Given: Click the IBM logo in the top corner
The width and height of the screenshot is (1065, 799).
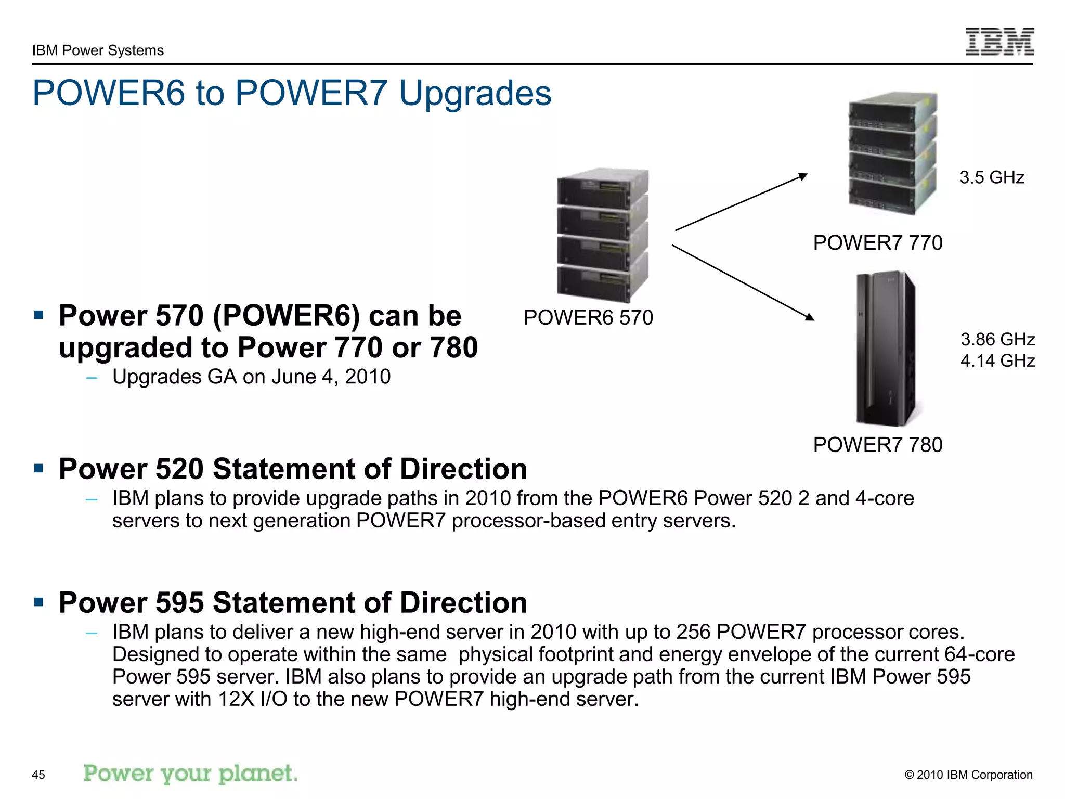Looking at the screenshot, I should [x=999, y=41].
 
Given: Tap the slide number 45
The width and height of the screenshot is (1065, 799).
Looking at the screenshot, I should [x=38, y=775].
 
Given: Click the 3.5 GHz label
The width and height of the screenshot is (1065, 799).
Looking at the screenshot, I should [x=992, y=177].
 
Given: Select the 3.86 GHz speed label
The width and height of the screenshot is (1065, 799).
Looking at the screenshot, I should [x=997, y=339].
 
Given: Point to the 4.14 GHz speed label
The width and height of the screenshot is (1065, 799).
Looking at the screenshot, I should [x=997, y=360].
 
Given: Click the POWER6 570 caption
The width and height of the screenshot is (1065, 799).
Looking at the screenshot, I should [x=588, y=317].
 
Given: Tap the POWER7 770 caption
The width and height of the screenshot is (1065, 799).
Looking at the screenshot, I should [x=877, y=243].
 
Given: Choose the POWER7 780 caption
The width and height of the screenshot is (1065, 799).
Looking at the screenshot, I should [x=877, y=445].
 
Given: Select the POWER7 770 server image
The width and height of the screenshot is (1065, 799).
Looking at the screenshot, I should [x=892, y=153].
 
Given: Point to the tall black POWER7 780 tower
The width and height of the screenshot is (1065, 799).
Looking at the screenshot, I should [x=885, y=349].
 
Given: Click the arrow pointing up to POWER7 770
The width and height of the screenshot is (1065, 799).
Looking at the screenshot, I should [x=741, y=202].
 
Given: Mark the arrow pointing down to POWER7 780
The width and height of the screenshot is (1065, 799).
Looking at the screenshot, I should [x=743, y=282].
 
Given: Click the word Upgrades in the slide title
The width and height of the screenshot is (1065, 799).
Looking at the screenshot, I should [x=475, y=94].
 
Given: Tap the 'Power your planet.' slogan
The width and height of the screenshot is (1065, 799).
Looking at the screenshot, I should [x=191, y=774].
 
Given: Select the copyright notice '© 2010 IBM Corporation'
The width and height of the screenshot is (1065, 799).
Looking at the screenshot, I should [x=968, y=775].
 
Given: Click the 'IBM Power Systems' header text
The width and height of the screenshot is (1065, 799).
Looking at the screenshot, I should [x=98, y=50].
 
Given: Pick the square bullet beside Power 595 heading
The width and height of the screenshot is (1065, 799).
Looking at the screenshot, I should [x=38, y=602].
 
